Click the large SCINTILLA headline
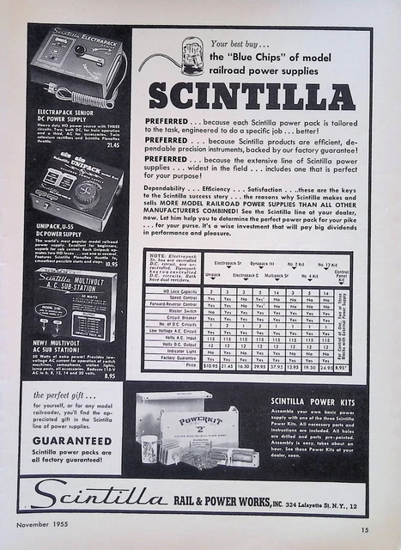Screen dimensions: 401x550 click(x=251, y=94)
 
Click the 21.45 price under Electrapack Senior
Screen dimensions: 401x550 click(x=112, y=145)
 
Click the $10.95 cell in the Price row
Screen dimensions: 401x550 click(x=211, y=366)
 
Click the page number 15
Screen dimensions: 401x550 click(x=365, y=530)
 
